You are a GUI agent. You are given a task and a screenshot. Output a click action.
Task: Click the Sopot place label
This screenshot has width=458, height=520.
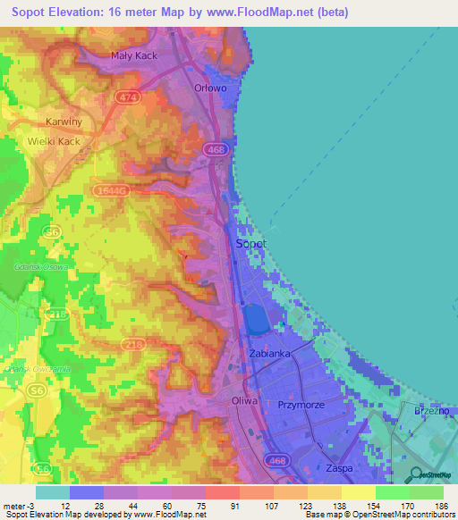point(250,243)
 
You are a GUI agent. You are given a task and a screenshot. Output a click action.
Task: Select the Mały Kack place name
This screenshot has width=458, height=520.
point(134,55)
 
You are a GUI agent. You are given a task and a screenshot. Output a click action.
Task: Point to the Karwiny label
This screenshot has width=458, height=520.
point(64,122)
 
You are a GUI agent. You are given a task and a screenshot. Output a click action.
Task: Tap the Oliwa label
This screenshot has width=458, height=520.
point(244,401)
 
